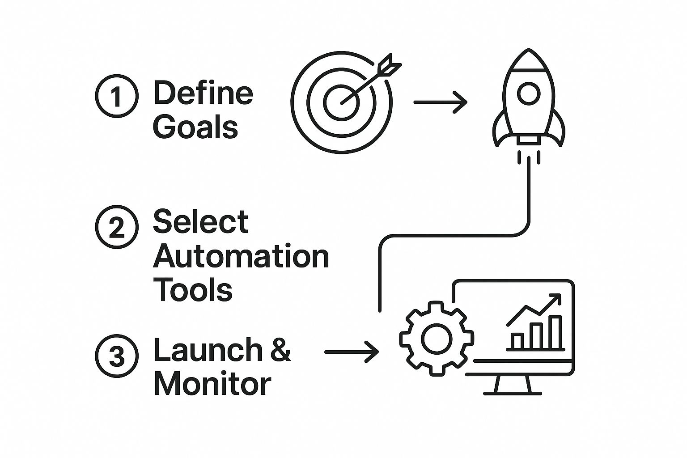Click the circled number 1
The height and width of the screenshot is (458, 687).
[117, 96]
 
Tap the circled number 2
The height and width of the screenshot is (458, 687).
[117, 227]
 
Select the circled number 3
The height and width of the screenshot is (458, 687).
[117, 356]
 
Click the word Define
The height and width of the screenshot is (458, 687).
[203, 92]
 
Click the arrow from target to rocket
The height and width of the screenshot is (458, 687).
[440, 102]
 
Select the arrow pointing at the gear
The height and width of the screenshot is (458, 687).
[352, 352]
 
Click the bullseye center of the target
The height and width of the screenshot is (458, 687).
[341, 102]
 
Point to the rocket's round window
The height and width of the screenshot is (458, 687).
[529, 93]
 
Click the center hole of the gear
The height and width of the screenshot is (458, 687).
[437, 339]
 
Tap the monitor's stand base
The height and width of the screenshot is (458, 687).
[513, 393]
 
